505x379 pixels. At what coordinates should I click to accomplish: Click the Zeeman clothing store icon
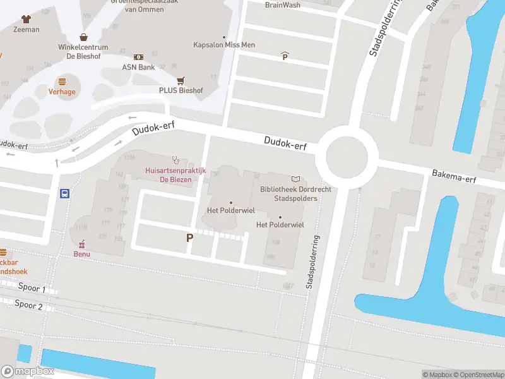[26, 20]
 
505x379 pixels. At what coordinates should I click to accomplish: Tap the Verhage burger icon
[62, 81]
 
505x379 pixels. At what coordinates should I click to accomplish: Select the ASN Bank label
[138, 67]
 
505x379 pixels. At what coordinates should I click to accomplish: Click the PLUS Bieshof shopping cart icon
[181, 80]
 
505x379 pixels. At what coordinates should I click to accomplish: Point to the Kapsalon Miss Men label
[224, 45]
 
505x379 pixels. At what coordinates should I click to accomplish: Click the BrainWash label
[282, 5]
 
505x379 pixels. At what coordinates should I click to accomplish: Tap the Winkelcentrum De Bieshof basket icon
[83, 37]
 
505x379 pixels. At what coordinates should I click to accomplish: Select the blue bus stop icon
[64, 194]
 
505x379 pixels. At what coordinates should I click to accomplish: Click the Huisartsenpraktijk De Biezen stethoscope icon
[175, 159]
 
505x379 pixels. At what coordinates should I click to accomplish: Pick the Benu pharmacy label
[82, 254]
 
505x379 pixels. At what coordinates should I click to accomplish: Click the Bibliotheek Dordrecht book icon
[295, 179]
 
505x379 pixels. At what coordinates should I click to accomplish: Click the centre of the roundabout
[347, 152]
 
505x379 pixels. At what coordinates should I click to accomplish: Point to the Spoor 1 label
[31, 289]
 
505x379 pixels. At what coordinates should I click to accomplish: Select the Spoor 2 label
[28, 306]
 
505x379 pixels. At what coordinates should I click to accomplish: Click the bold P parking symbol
[189, 238]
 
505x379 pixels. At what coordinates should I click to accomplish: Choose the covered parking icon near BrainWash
[285, 56]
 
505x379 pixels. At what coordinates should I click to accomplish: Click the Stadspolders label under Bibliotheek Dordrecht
[295, 198]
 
